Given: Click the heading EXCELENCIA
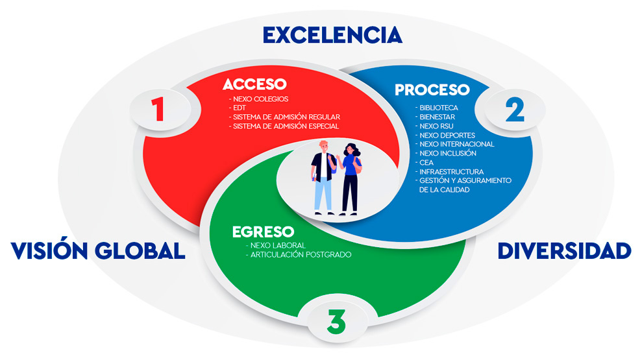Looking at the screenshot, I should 332,34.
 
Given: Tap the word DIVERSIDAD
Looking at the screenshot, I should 564,251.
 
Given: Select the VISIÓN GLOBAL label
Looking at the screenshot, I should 98,251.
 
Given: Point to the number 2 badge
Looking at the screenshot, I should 514,111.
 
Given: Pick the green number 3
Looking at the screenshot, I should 336,322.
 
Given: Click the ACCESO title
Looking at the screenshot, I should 254,85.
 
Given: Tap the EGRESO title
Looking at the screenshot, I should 263,232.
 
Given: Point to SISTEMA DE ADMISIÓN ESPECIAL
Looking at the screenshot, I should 285,126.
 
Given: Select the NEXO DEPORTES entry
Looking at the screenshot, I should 447,135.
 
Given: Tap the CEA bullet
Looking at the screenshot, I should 427,162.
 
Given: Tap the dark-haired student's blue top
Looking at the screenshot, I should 351,164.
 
